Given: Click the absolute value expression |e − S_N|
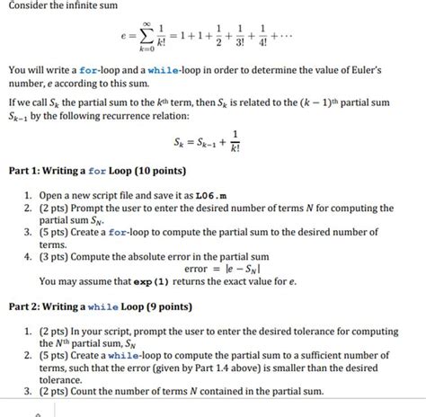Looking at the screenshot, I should pos(245,267).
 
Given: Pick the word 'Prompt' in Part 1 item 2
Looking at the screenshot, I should pos(93,208).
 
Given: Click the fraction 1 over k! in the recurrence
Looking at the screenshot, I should pos(235,142).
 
